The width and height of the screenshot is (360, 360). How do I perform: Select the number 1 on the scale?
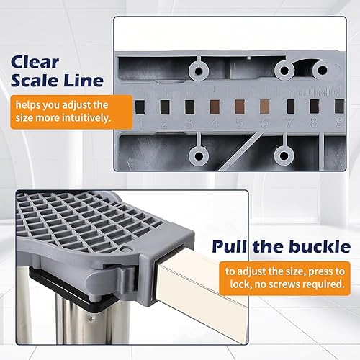pyautogui.click(x=141, y=122)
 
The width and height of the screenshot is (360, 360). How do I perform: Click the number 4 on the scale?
pyautogui.click(x=215, y=123)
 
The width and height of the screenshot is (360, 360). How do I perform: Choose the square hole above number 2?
pyautogui.click(x=165, y=107)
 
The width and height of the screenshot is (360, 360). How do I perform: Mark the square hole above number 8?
pyautogui.click(x=315, y=107)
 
